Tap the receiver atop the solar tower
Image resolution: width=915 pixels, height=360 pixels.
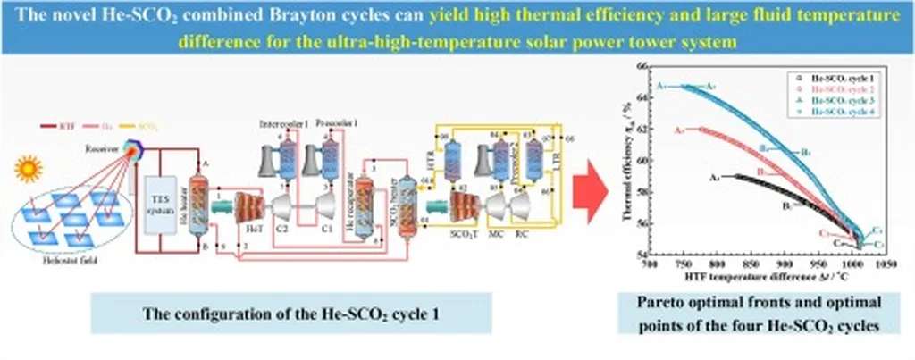point(135,148)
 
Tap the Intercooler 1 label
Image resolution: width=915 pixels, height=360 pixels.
point(283,122)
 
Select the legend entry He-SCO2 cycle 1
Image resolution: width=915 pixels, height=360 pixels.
point(835,79)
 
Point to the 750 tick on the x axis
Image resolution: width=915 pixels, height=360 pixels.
point(684,265)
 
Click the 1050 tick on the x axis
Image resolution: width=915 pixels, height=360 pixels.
point(886,265)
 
